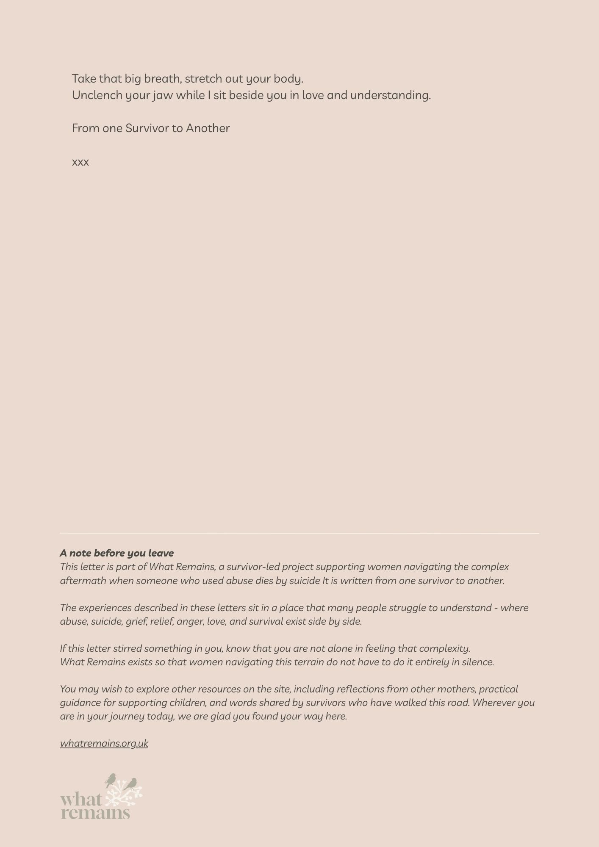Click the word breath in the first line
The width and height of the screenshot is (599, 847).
[x=162, y=79]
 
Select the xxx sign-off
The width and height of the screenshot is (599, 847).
[x=80, y=162]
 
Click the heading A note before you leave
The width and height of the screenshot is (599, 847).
[x=117, y=553]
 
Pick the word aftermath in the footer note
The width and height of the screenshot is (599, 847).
[x=83, y=581]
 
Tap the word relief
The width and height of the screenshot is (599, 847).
[x=161, y=621]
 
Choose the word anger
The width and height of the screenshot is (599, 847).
[x=190, y=622]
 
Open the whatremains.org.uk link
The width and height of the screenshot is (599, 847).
[x=104, y=744]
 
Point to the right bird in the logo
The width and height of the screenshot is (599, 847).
[x=131, y=784]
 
